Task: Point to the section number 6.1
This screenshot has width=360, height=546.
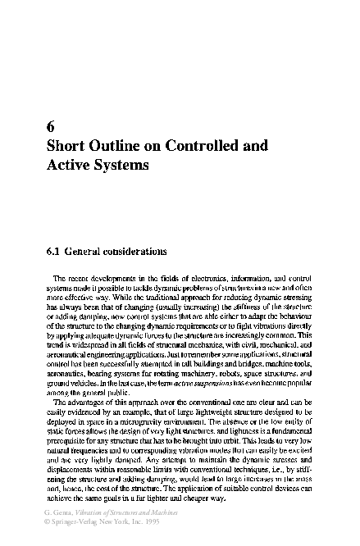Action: (54, 249)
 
